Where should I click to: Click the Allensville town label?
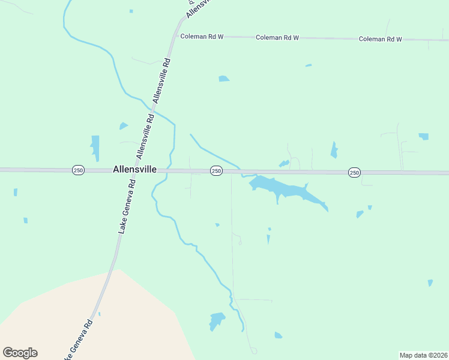tap(134, 170)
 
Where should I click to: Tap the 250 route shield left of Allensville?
tap(78, 170)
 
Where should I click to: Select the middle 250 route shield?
tap(216, 172)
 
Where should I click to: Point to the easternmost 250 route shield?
tap(354, 173)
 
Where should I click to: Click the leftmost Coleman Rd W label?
tap(202, 37)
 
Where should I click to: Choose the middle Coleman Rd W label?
tap(277, 37)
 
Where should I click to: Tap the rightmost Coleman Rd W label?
tap(380, 39)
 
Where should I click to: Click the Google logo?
tap(20, 353)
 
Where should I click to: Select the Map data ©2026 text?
tap(423, 355)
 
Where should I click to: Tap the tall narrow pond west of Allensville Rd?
tap(95, 148)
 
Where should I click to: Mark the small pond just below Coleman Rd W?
tap(224, 79)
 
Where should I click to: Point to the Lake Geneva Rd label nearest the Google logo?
tap(79, 339)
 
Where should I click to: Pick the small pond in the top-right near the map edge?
tap(424, 136)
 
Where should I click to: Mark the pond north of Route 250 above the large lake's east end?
tap(334, 149)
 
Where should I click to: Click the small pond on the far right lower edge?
tap(430, 283)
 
